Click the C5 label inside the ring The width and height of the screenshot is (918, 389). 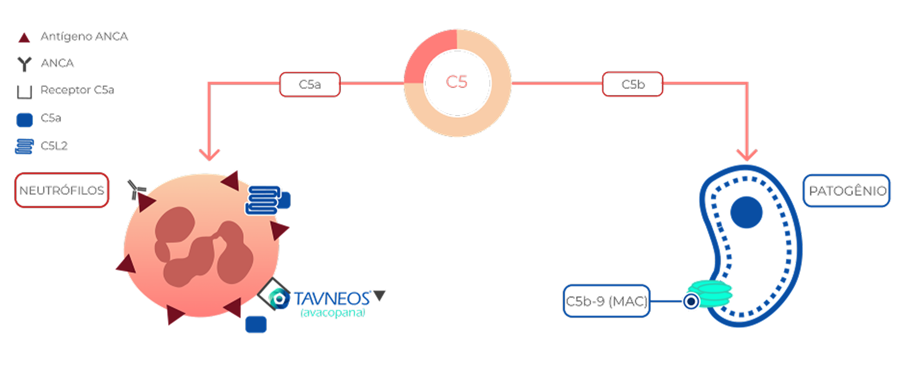coord(457,82)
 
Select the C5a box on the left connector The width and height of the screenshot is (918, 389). coord(309,84)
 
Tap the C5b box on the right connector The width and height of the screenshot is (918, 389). coord(633,84)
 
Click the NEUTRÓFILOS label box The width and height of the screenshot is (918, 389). coord(62,190)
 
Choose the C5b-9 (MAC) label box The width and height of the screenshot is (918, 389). coord(606,301)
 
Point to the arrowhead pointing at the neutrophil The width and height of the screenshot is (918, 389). coord(209,155)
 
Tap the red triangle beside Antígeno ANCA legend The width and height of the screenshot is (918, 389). coord(24,38)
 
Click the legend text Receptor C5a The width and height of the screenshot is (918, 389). coord(77,90)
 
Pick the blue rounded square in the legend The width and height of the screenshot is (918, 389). coord(25,119)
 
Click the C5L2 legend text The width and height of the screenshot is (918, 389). coord(54,146)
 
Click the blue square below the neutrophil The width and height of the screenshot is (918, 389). coord(256,324)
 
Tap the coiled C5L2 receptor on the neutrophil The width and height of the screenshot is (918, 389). coord(262,200)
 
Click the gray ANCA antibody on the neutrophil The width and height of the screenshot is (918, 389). coord(136,189)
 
